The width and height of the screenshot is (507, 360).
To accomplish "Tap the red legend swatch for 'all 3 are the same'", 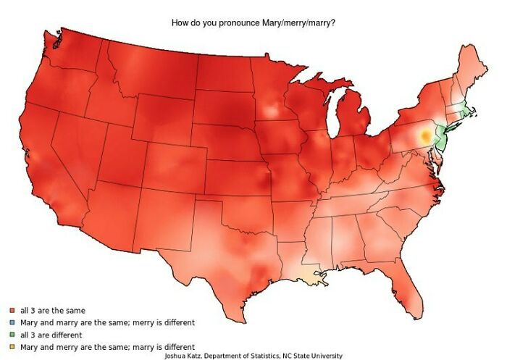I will click(12, 311).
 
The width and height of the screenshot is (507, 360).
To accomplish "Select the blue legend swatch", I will click(12, 323).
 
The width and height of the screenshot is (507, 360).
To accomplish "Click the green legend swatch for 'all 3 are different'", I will click(12, 335).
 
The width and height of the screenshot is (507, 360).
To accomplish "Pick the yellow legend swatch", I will click(12, 348).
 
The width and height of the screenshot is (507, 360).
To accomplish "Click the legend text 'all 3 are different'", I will click(51, 335).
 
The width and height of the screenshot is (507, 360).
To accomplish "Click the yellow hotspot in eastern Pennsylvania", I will click(425, 135).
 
